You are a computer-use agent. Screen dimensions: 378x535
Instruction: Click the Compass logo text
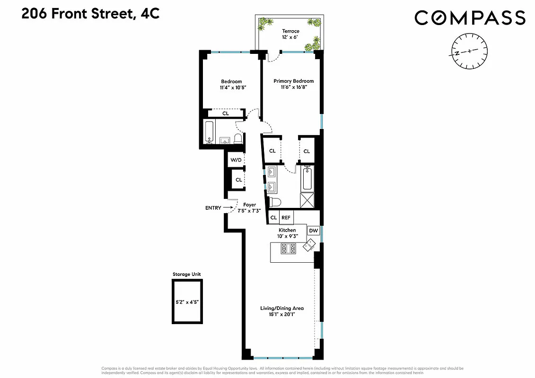(x=470, y=18)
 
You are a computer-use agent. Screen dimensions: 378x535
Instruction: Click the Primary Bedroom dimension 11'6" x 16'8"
(x=293, y=87)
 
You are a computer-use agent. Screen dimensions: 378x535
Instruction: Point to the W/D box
(x=236, y=160)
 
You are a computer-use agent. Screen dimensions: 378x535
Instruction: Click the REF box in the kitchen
(x=286, y=218)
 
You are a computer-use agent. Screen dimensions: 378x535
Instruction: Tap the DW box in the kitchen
(x=313, y=231)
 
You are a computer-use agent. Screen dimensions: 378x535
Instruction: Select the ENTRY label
(x=213, y=207)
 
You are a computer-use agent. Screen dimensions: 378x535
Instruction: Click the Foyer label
(x=249, y=205)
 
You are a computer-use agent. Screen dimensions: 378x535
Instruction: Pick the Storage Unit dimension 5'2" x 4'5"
(x=187, y=301)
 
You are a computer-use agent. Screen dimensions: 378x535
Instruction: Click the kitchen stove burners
(x=288, y=249)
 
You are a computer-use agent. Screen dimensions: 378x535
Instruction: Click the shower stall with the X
(x=307, y=201)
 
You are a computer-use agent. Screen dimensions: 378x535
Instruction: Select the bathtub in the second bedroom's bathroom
(x=210, y=132)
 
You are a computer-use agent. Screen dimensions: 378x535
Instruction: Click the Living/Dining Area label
(x=282, y=308)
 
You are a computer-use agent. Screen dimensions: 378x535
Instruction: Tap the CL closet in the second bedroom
(x=226, y=113)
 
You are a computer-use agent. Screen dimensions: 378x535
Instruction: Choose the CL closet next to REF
(x=273, y=218)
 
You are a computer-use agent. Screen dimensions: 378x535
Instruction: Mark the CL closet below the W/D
(x=238, y=180)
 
